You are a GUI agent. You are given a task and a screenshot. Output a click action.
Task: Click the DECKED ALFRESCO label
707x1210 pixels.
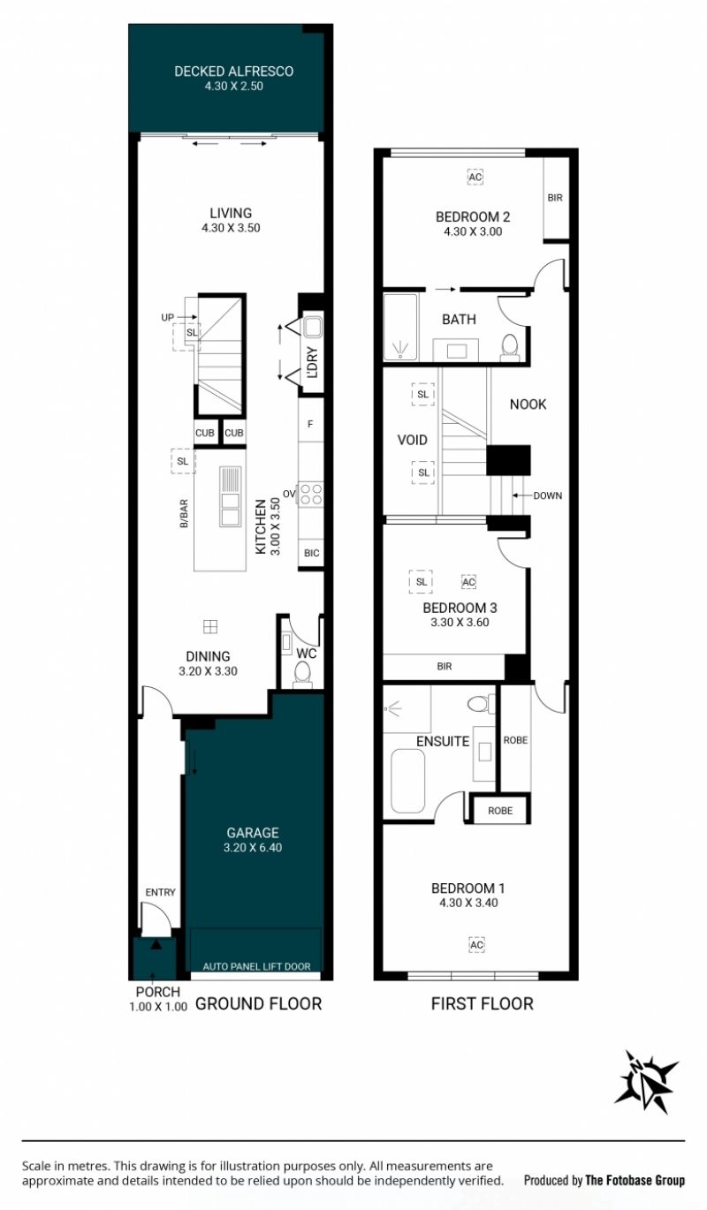point(233,72)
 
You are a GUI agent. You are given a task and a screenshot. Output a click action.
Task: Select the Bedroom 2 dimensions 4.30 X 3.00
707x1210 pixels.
point(473,231)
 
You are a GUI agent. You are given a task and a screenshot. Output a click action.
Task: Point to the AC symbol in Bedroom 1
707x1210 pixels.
point(476,945)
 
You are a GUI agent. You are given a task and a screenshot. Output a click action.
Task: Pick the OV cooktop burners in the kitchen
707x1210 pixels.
point(311,494)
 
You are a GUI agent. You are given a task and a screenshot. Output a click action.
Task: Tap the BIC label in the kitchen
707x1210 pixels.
point(312,553)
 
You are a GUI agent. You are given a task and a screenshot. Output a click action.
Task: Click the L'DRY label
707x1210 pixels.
point(312,362)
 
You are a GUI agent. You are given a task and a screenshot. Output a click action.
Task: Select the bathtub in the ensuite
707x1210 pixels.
point(407,781)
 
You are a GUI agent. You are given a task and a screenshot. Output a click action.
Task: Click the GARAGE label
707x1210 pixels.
point(253,833)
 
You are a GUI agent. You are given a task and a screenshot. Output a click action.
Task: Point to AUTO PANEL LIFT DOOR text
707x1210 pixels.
point(257,967)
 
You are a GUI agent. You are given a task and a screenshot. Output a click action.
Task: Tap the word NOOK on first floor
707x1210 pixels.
point(528,404)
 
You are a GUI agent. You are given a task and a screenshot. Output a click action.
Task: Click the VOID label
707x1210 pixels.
point(413,440)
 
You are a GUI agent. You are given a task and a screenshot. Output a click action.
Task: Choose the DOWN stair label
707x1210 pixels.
point(548,495)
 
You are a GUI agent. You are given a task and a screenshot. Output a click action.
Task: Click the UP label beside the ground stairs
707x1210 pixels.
point(168,318)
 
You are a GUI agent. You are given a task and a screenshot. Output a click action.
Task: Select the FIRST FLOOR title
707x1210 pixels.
point(483,1004)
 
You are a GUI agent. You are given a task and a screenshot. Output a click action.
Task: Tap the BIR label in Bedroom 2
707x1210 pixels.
point(555,198)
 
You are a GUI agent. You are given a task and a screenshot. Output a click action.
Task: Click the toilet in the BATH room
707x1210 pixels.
point(510,347)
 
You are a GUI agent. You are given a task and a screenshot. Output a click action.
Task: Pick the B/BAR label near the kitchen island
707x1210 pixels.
point(184,513)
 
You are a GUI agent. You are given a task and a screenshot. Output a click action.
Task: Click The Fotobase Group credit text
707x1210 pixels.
point(635,1180)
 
